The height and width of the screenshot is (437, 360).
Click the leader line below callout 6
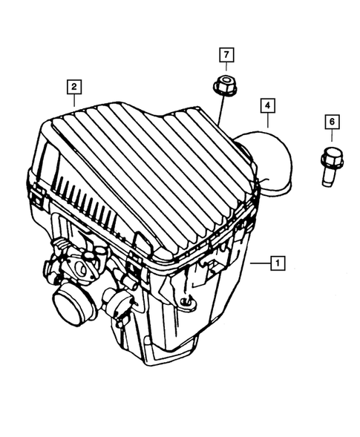[331, 139]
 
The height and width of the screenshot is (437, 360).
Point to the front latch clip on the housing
[137, 263]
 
